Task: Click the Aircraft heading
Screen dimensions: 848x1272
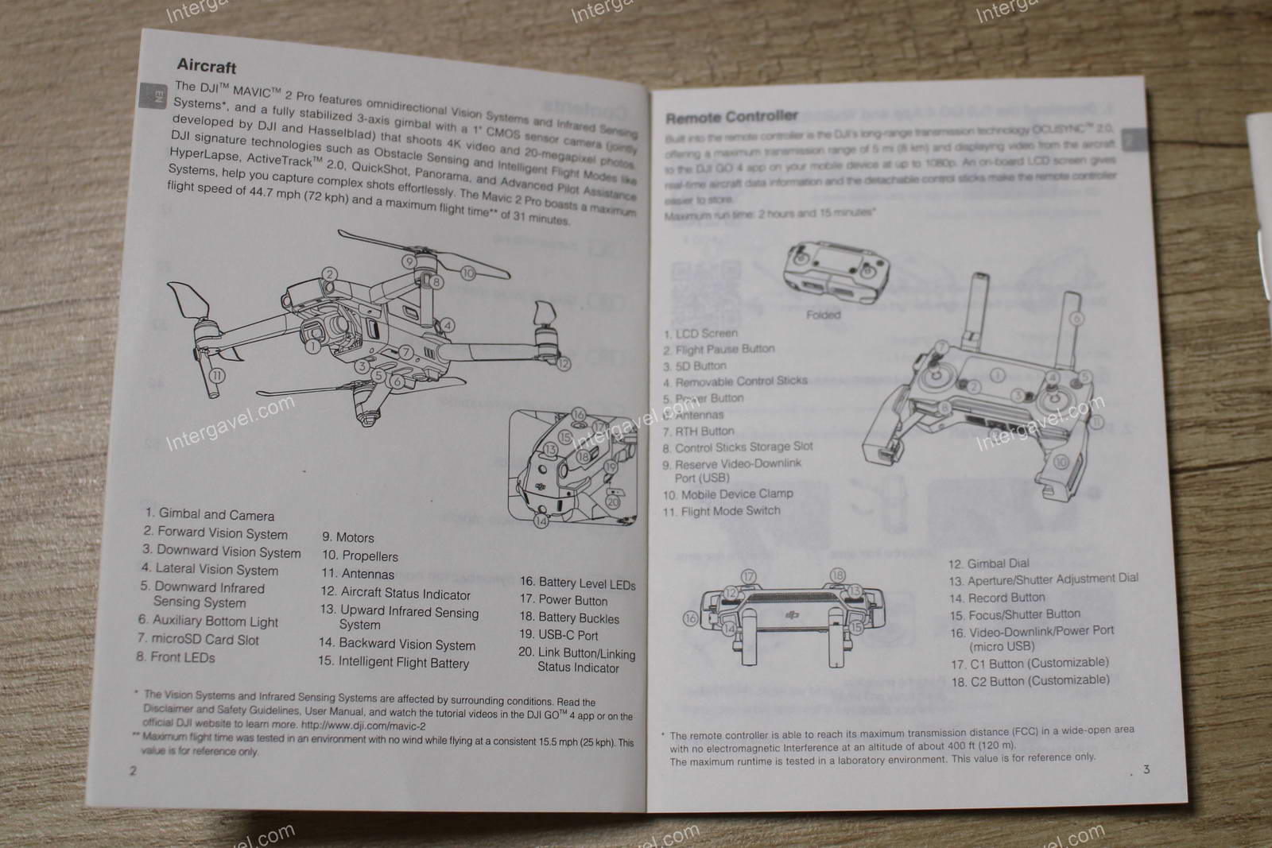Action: point(206,65)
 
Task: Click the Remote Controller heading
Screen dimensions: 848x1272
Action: point(731,118)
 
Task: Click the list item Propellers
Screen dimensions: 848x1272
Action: point(359,556)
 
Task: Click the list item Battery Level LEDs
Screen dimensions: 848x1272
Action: point(577,584)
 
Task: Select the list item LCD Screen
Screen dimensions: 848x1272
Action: point(700,333)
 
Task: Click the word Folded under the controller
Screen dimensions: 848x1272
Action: point(823,315)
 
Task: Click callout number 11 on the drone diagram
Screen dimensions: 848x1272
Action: point(217,376)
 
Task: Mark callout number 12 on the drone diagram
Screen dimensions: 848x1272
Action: point(564,364)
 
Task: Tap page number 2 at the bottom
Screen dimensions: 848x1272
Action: point(133,770)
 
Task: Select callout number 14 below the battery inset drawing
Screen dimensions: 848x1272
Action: point(541,521)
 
